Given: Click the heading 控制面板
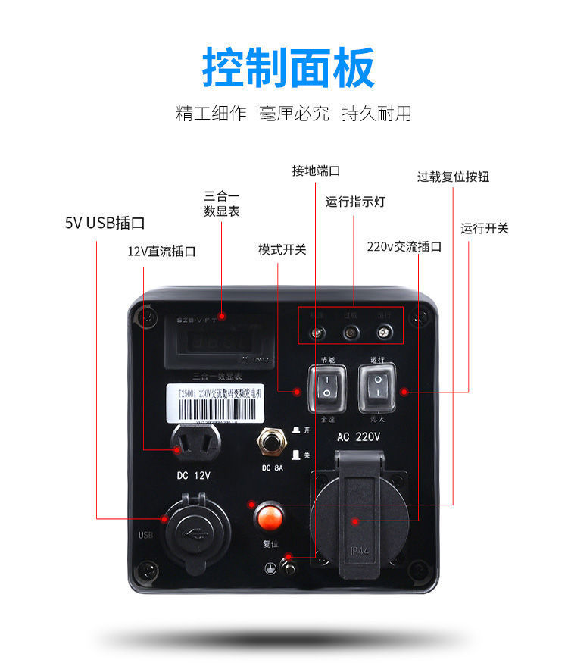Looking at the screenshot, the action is [x=288, y=68].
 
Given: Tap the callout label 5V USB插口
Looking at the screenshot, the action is [x=105, y=223].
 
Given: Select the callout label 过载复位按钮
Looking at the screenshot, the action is [x=453, y=177].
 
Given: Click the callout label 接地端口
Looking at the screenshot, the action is [x=316, y=170].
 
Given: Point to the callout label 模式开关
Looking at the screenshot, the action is [x=282, y=249].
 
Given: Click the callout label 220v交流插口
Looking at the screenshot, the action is [x=404, y=247].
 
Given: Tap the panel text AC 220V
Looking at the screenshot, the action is [x=357, y=437].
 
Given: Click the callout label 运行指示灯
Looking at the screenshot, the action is [x=355, y=202].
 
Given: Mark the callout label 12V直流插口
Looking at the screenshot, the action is [x=161, y=252].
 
